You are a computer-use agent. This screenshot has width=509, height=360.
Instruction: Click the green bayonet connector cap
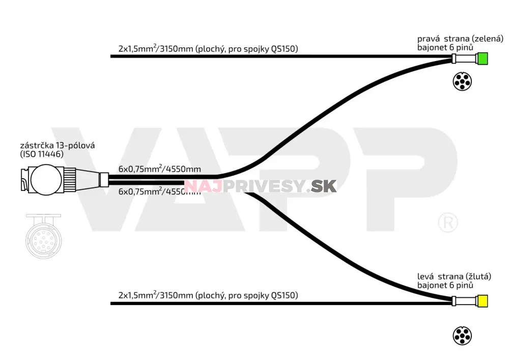point(482,59)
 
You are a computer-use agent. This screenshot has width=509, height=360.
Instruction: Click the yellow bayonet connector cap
point(482,301)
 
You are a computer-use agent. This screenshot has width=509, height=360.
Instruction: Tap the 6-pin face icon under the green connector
point(462,81)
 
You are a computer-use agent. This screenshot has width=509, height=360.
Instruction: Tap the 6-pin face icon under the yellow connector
point(462,336)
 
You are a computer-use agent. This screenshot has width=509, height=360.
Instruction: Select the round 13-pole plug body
point(46,180)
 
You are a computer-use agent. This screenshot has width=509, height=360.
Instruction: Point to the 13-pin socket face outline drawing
point(43,236)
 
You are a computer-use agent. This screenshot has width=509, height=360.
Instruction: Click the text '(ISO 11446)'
point(42,154)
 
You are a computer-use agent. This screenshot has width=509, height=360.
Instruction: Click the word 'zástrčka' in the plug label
point(37,145)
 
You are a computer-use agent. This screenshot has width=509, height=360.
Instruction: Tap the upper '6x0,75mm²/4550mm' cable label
point(159,169)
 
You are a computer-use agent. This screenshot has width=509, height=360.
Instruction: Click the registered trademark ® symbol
point(448,223)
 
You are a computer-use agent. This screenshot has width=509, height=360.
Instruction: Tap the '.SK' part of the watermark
point(322,186)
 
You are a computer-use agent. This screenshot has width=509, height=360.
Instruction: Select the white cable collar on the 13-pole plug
point(103,180)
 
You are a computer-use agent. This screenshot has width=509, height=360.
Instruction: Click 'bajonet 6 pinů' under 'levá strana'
point(445,285)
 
